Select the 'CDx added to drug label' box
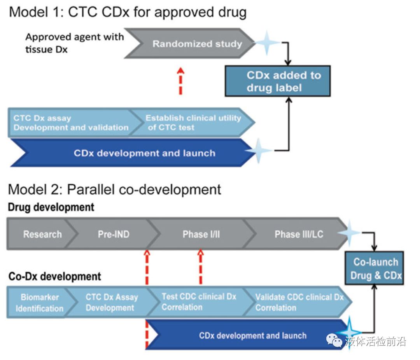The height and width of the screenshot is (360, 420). click(277, 81)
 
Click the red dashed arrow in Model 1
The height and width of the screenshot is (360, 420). click(180, 81)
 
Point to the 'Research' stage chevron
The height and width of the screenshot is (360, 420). click(42, 234)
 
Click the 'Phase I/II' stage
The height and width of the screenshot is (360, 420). click(201, 234)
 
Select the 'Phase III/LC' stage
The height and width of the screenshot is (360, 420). click(299, 234)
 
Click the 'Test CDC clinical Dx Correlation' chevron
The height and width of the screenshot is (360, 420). click(198, 302)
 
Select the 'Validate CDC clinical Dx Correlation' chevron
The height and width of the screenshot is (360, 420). click(299, 302)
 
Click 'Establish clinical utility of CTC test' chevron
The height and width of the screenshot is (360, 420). click(193, 122)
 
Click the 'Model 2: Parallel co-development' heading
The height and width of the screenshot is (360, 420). click(115, 190)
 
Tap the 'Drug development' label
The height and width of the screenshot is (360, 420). click(51, 207)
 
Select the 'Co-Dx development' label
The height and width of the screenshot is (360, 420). click(54, 277)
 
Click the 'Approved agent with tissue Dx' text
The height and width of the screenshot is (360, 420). click(74, 43)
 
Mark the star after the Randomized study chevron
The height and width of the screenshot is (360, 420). click(267, 43)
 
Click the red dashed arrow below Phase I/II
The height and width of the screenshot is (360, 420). click(200, 267)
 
